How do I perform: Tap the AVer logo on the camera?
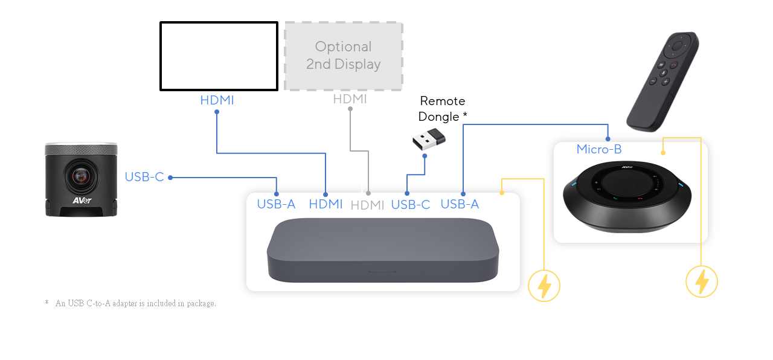pos(82,201)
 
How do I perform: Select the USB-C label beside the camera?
pos(144,177)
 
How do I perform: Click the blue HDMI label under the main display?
pos(217,100)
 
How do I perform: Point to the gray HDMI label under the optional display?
pos(350,99)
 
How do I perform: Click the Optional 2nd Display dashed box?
pos(344,56)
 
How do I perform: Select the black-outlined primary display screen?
pos(219,56)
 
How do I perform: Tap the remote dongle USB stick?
pos(429,140)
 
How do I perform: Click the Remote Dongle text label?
pos(443,109)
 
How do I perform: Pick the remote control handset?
pos(663,81)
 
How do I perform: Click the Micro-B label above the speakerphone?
pos(598,149)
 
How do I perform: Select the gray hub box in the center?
pos(383,251)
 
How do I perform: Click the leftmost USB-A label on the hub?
pos(276,204)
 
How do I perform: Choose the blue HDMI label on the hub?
pos(326,204)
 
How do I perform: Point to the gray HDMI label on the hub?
pos(367,205)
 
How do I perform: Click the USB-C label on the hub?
pos(411,205)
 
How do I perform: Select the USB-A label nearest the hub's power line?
pos(460,204)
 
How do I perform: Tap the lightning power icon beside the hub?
pos(544,286)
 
